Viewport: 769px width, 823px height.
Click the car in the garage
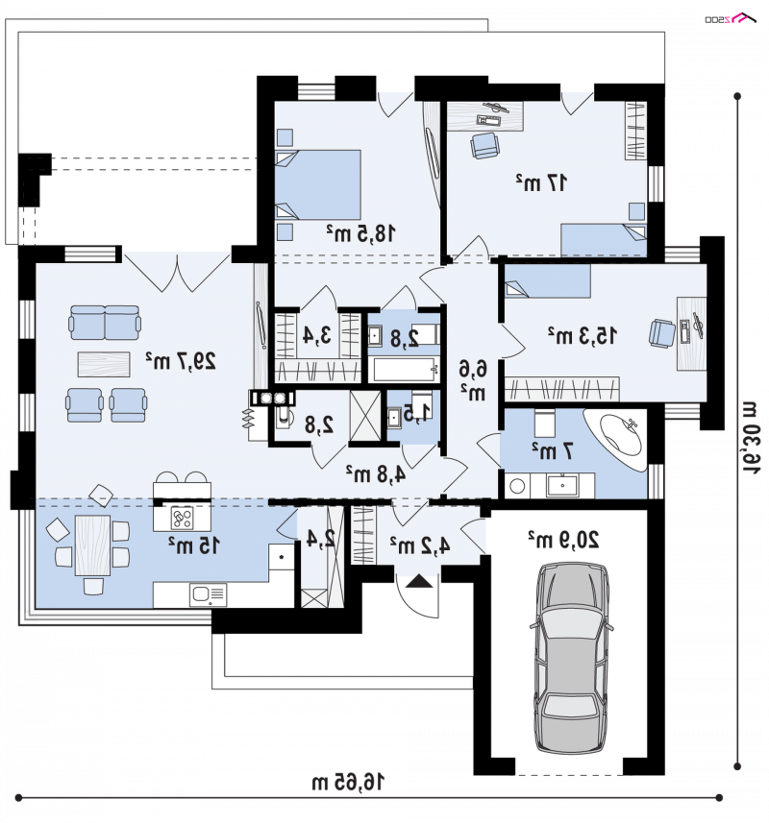point(572,658)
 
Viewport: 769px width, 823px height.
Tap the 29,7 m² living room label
point(181,360)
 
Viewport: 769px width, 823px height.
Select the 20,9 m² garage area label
point(563,539)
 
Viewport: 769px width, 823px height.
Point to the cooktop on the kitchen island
point(182,518)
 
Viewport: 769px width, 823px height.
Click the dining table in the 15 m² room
point(92,545)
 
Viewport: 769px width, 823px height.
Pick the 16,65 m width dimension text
point(348,782)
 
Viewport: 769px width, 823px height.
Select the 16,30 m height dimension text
point(751,438)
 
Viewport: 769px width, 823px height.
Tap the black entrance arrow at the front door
point(419,581)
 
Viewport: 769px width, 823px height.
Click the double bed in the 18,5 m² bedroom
point(318,184)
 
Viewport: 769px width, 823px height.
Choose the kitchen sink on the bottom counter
point(209,594)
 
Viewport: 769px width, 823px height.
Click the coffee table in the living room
point(104,364)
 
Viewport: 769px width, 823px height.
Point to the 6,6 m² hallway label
point(473,380)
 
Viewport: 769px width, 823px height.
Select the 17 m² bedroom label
point(541,182)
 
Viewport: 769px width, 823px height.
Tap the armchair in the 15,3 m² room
point(662,333)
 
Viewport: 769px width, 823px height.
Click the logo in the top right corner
point(730,19)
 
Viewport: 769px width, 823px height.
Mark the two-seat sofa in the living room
point(105,323)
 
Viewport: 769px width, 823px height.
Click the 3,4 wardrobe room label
point(317,335)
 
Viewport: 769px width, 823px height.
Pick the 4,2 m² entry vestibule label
point(420,545)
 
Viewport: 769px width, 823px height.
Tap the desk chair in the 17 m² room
point(484,145)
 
